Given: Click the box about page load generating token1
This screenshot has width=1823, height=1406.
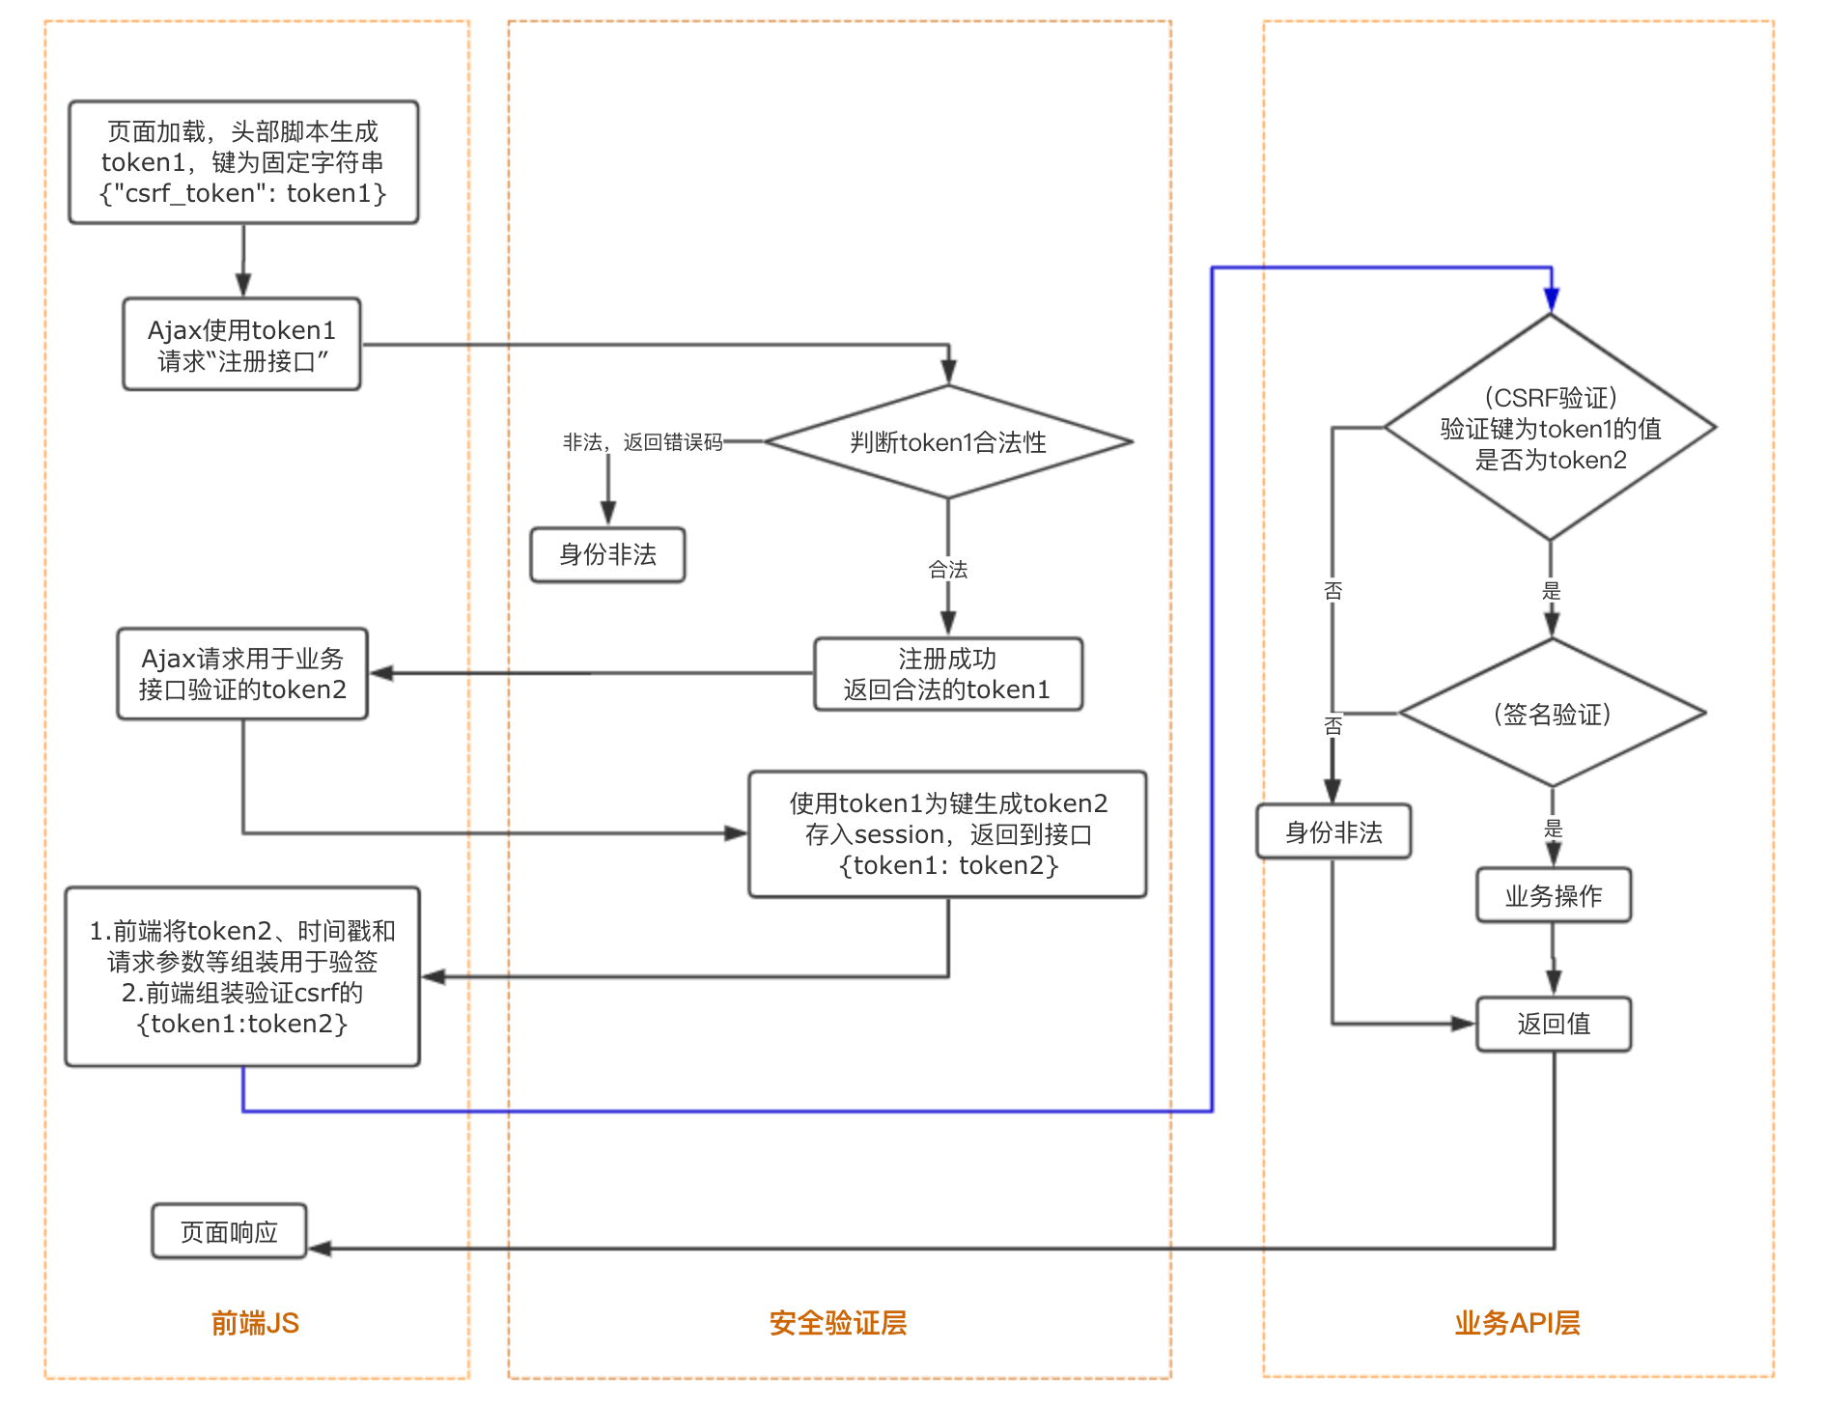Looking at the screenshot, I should tap(243, 162).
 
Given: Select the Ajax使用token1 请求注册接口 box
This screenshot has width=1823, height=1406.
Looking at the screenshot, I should tap(241, 345).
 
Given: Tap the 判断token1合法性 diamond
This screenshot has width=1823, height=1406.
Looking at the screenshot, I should tap(947, 442).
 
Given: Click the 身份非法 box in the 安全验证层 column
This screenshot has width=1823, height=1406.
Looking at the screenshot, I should tap(607, 554).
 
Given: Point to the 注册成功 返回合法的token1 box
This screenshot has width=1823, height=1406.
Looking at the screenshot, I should tap(947, 674).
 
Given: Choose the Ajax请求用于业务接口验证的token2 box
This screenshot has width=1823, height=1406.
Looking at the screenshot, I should tap(242, 674).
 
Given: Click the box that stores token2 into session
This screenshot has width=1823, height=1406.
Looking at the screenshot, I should tap(947, 834).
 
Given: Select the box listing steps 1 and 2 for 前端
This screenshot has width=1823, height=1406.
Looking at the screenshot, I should tap(242, 976).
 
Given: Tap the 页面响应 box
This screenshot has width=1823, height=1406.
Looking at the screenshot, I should tap(229, 1231).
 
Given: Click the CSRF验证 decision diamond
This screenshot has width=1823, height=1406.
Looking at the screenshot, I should tap(1550, 428).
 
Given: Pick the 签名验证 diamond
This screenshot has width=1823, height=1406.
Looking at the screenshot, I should tap(1552, 714).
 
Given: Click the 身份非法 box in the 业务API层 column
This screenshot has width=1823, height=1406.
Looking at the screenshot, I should tap(1333, 831).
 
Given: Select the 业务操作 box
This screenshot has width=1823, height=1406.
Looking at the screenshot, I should tap(1553, 895).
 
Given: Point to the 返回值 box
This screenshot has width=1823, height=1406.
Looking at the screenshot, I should tap(1553, 1024).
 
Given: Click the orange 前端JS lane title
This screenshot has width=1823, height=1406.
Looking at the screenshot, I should tap(255, 1323).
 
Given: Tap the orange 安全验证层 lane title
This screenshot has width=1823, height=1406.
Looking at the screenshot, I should tap(838, 1323).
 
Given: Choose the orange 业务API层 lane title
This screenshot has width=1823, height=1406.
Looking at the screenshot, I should tap(1517, 1323).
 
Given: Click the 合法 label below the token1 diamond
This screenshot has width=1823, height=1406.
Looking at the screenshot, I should tap(947, 570).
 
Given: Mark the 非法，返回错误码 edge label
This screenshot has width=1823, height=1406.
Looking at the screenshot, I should tap(643, 442).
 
